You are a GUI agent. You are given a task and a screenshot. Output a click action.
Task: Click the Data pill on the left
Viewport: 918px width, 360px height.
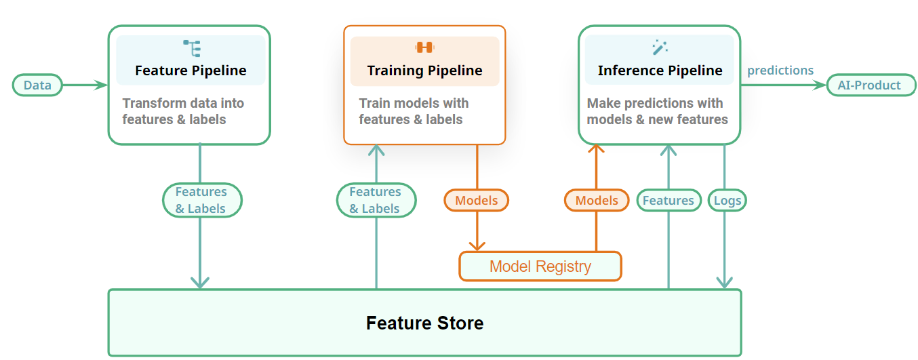point(37,85)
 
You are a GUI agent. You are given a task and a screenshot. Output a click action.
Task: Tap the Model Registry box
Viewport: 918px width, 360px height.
point(540,266)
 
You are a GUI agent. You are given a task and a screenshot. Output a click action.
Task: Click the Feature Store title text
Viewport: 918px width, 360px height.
point(424,323)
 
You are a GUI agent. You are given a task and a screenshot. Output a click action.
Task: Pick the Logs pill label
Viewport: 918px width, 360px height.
point(727,200)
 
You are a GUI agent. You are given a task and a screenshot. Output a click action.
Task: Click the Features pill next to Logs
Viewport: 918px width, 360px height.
point(668,200)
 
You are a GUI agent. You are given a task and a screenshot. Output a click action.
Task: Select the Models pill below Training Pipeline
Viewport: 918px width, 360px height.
point(476,200)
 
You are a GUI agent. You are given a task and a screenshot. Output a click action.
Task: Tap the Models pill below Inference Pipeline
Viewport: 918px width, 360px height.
point(596,200)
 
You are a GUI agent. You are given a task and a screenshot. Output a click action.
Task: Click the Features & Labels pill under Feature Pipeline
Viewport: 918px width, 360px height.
point(201,200)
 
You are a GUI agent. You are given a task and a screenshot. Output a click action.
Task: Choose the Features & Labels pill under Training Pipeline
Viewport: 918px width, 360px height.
point(376,200)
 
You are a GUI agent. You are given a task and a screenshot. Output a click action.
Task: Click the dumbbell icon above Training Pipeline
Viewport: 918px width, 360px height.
point(424,47)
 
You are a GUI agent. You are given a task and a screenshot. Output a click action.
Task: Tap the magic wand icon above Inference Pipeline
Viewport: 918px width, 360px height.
point(660,47)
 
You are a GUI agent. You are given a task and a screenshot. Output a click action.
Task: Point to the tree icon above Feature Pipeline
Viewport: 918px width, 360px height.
point(192,48)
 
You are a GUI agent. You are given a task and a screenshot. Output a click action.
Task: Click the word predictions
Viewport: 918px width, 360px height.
point(780,71)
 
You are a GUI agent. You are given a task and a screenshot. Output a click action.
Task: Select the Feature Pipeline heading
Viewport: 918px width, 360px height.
point(191,71)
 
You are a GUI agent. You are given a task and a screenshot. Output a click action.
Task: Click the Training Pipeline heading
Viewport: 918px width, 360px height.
point(424,71)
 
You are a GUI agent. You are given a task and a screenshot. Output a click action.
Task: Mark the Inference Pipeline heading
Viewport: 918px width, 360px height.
point(660,71)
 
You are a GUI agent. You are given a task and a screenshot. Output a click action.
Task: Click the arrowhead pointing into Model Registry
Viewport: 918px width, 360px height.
point(477,245)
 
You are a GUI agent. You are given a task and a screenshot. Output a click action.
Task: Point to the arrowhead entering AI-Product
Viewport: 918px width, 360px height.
point(820,85)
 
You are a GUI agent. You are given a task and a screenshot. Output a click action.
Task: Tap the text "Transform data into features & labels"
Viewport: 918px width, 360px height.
point(183,111)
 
